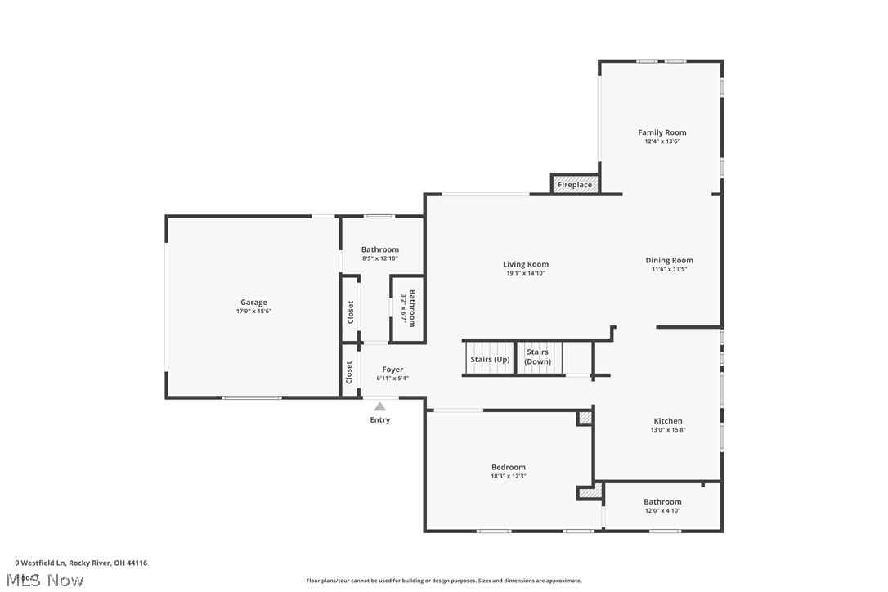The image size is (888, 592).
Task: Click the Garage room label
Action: [253, 303]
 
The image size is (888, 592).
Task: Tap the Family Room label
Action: [662, 132]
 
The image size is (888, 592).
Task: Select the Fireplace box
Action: [575, 185]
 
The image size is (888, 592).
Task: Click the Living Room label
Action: [525, 264]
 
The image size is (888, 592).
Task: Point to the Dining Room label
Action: [669, 261]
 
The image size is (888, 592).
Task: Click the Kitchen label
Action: [667, 421]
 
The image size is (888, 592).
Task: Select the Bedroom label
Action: [508, 467]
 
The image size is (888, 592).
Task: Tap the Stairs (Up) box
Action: [489, 359]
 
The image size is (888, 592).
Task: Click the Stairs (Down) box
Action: [538, 357]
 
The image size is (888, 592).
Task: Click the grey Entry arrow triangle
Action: [380, 406]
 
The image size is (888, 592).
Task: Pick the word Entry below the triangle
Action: [380, 420]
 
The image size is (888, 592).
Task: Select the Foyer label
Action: [392, 370]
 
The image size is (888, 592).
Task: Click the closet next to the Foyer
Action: [349, 373]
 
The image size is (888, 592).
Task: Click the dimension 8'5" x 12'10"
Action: [380, 259]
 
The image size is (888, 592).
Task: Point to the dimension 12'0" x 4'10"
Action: [662, 511]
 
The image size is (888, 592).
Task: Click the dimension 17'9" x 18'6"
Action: [253, 312]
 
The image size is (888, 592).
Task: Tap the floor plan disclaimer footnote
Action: [444, 581]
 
